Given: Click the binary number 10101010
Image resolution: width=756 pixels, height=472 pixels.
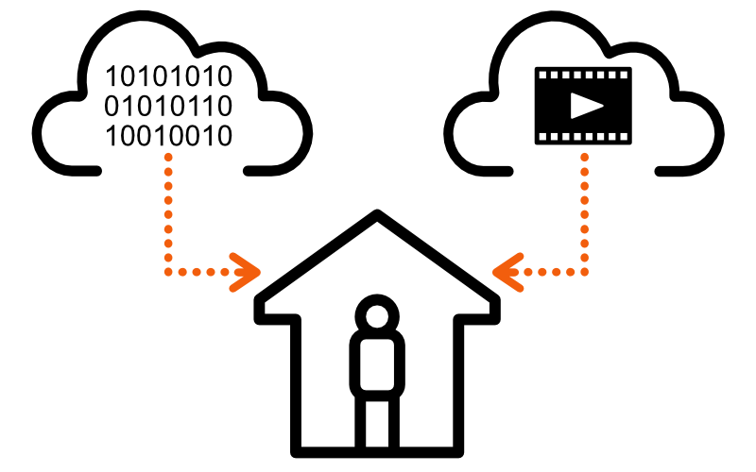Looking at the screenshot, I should click(168, 76).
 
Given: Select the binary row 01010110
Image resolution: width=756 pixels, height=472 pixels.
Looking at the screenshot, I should click(168, 106).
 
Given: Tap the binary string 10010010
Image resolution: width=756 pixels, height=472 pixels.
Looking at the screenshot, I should click(168, 136).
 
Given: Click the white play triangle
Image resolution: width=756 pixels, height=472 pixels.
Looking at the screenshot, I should click(585, 105).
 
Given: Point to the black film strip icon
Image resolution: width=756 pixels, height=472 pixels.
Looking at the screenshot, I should click(548, 105).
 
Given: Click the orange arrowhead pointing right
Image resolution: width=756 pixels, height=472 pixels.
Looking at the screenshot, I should click(248, 272).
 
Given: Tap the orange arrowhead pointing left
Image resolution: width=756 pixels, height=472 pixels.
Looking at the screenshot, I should click(507, 272).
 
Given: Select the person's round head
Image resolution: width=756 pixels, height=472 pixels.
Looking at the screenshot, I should click(377, 314).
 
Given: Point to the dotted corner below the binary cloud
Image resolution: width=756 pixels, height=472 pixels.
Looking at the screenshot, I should click(169, 272).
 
